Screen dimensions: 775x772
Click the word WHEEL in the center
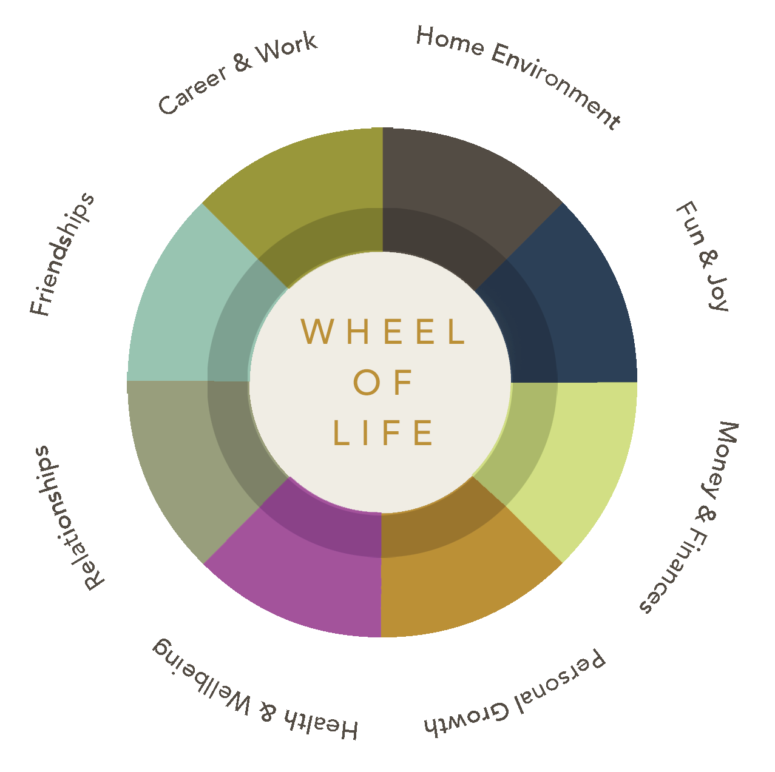383,332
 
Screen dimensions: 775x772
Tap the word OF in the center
382,382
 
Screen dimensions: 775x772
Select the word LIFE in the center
383,432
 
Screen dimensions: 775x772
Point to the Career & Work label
237,72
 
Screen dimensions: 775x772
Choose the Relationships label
69,518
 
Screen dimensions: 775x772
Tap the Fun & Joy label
703,256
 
